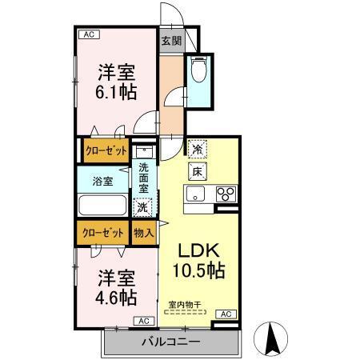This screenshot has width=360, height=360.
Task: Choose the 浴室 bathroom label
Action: pos(102,180)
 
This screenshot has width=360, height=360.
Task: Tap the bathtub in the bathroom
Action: pos(103,206)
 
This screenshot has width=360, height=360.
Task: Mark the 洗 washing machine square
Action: pos(142,206)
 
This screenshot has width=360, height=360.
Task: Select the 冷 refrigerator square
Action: pos(197,148)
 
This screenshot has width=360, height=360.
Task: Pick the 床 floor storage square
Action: pos(197,170)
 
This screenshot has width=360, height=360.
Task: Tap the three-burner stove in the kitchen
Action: pos(226,194)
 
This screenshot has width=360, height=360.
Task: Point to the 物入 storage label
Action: pos(142,233)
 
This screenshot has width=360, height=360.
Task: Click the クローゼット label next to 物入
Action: pos(103,233)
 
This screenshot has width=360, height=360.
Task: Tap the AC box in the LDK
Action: pos(225,314)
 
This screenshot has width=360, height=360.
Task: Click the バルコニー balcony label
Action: pos(171,342)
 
